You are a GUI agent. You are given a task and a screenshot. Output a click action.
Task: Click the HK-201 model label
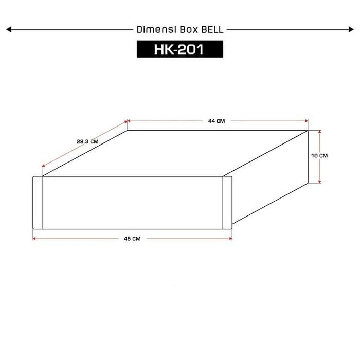[x=179, y=49]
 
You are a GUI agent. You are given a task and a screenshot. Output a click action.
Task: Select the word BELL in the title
[x=211, y=30]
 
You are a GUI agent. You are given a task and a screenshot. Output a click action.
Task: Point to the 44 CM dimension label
[x=217, y=121]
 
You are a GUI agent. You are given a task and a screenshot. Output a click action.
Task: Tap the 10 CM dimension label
[x=320, y=155]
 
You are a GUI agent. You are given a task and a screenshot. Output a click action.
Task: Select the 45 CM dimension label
[x=132, y=239]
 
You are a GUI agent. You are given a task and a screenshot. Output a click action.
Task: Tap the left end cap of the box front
[x=38, y=203]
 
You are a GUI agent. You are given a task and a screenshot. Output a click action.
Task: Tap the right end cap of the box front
[x=227, y=203]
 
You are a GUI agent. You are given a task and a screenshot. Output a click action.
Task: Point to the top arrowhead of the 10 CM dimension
[x=320, y=132]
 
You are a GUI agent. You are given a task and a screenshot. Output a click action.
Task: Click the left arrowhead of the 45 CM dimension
[x=34, y=238]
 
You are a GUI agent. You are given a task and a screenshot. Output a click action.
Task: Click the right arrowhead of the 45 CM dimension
[x=230, y=238]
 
